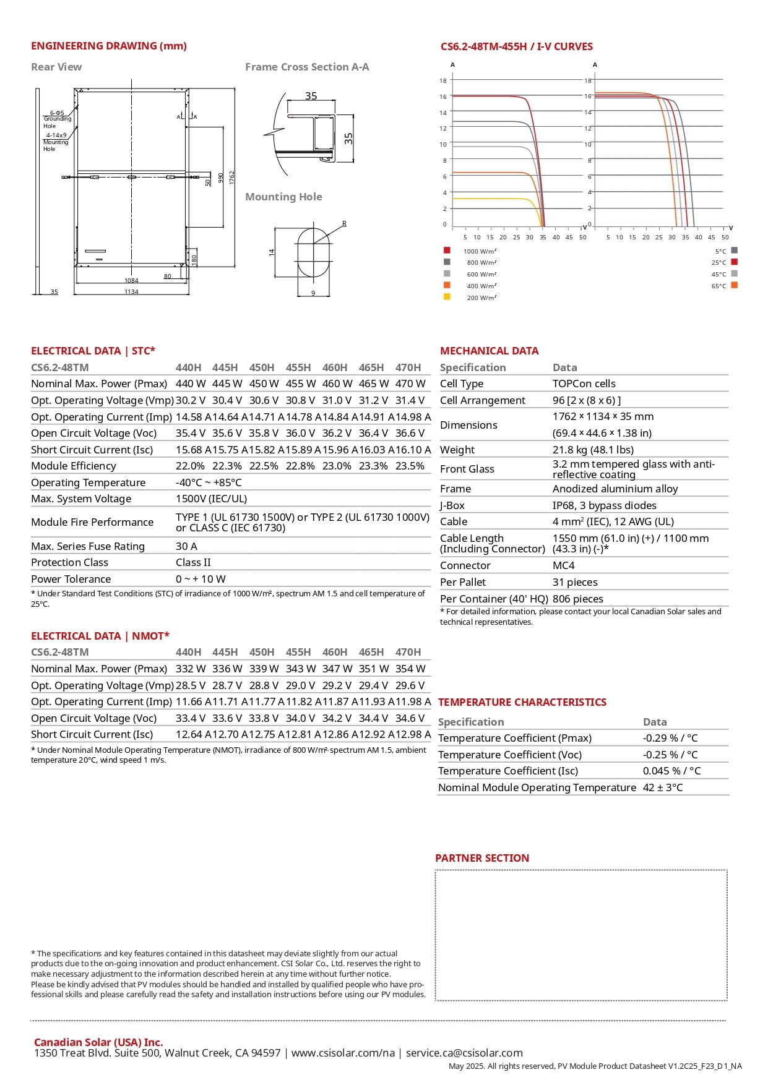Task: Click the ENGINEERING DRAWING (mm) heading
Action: (108, 46)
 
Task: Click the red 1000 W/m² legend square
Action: (447, 251)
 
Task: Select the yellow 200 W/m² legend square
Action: (447, 297)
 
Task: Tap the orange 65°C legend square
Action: (735, 285)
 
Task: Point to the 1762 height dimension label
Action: (232, 178)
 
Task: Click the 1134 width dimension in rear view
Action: (131, 292)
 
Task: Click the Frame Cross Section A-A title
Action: (307, 67)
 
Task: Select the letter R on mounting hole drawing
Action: (344, 224)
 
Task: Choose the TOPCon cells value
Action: (584, 384)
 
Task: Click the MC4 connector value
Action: (563, 566)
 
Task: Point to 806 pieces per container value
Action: (577, 599)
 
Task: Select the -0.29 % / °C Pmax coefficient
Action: (670, 739)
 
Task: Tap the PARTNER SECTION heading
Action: (482, 859)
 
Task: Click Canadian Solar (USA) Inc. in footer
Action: (98, 1042)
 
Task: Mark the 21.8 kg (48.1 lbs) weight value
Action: (592, 450)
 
